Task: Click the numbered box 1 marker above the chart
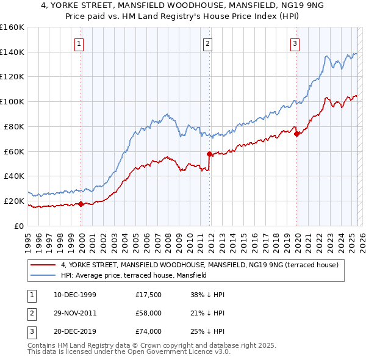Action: [x=79, y=43]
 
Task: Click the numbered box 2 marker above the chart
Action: [x=207, y=43]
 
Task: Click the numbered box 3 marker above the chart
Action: [x=295, y=43]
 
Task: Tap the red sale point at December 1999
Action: [x=81, y=204]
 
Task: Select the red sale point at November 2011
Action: [x=209, y=154]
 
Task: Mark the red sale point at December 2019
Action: [x=296, y=134]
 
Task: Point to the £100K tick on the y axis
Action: [x=13, y=101]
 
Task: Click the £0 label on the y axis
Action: [x=19, y=226]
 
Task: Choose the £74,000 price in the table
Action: [x=149, y=331]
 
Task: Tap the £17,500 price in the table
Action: [x=149, y=295]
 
